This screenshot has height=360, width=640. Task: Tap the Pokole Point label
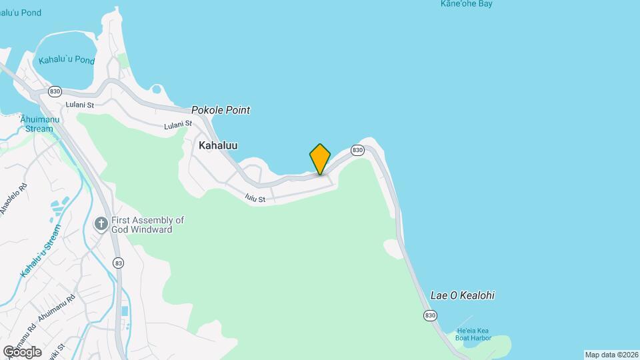pos(221,110)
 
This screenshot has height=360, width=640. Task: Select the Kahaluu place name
pos(218,145)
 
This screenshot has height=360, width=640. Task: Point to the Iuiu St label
pos(255,198)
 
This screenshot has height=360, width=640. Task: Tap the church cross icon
pos(101,224)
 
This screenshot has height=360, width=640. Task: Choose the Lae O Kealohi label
pos(463,295)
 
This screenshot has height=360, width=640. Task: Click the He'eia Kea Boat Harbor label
pos(473,335)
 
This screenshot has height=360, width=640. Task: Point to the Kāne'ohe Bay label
pos(467,4)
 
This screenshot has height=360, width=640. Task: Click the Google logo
pos(22,351)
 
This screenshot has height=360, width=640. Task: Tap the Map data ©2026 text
pos(611,355)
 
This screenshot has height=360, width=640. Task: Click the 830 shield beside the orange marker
pos(358,150)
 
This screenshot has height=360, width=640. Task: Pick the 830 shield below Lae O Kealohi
pos(430,315)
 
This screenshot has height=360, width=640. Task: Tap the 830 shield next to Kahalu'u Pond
pos(55,91)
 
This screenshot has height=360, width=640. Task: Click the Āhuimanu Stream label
pos(36,124)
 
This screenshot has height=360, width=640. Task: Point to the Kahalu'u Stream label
pos(41,251)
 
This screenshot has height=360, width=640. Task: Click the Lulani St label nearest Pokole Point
pos(178,125)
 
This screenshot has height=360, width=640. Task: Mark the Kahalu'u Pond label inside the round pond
pos(67,60)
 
